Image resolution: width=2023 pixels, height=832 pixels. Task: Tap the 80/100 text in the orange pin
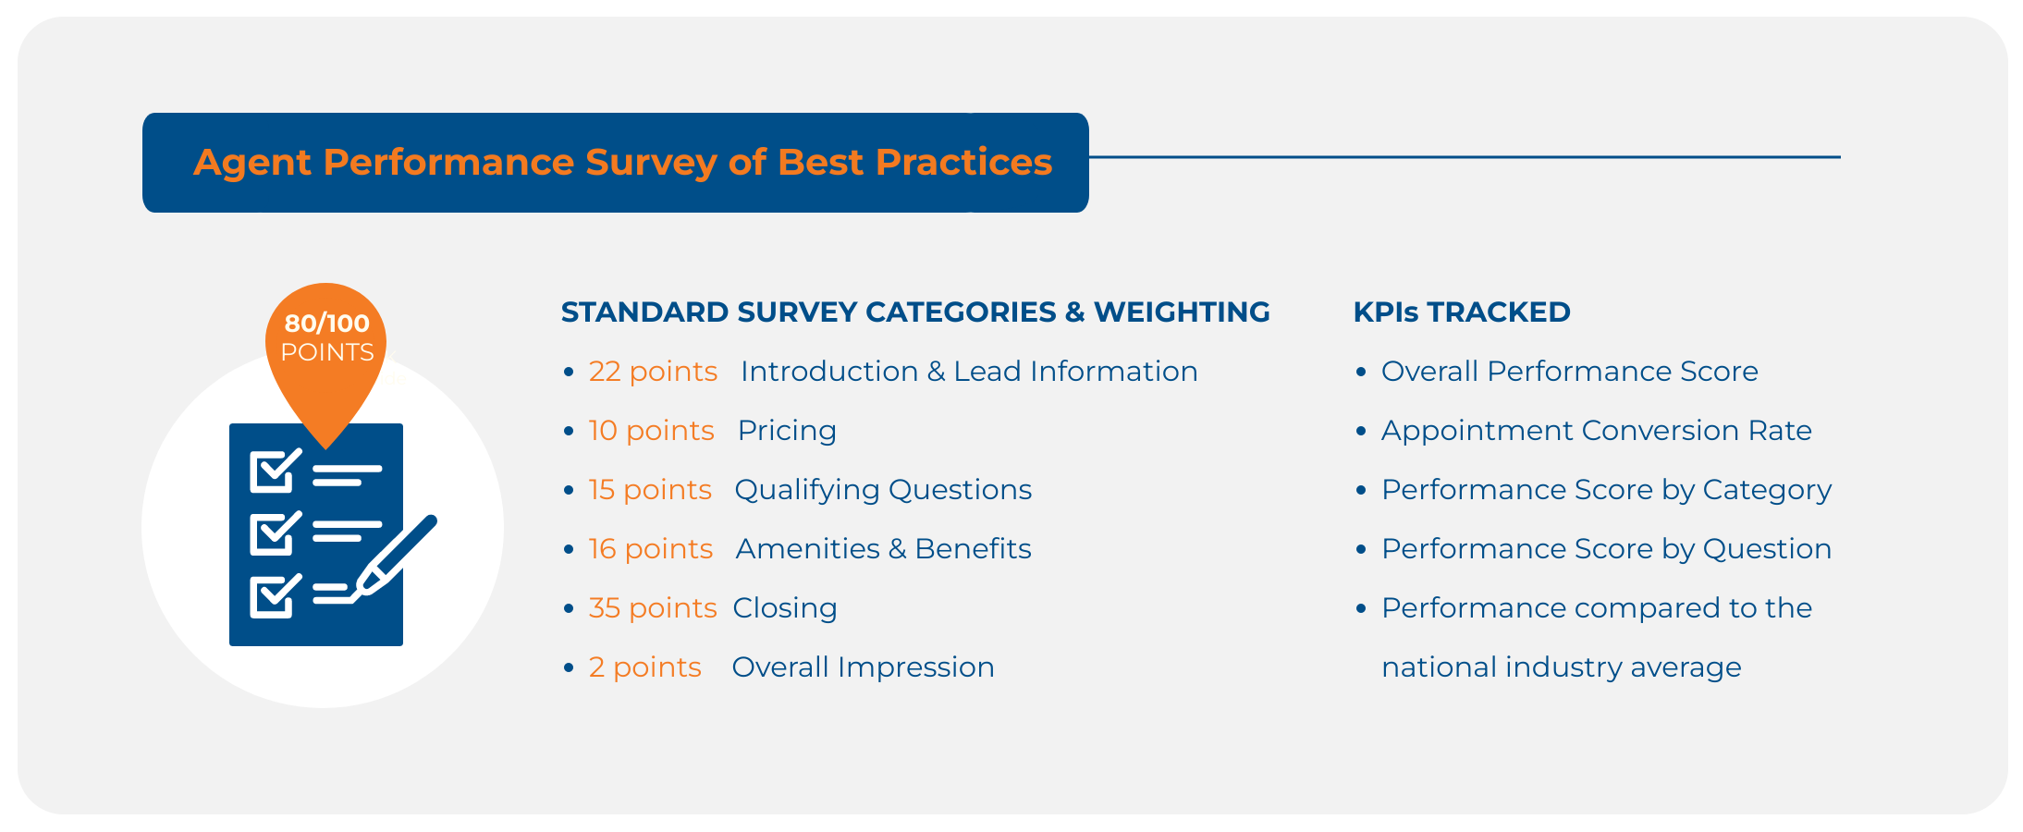click(x=326, y=324)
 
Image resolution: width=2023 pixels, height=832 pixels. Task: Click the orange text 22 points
click(x=653, y=372)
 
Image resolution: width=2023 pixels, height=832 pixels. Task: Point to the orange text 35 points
click(x=653, y=608)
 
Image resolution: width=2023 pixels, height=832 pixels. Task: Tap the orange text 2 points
click(x=645, y=667)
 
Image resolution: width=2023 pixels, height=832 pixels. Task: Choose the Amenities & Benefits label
click(x=884, y=549)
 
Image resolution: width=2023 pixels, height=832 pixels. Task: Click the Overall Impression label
click(x=863, y=667)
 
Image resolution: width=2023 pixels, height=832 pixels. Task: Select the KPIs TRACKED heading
click(x=1462, y=312)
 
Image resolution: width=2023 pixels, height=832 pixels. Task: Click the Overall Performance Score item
click(x=1570, y=372)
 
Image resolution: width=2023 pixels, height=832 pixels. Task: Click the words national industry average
click(x=1562, y=667)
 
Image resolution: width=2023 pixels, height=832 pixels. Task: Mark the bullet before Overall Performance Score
click(x=1361, y=373)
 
